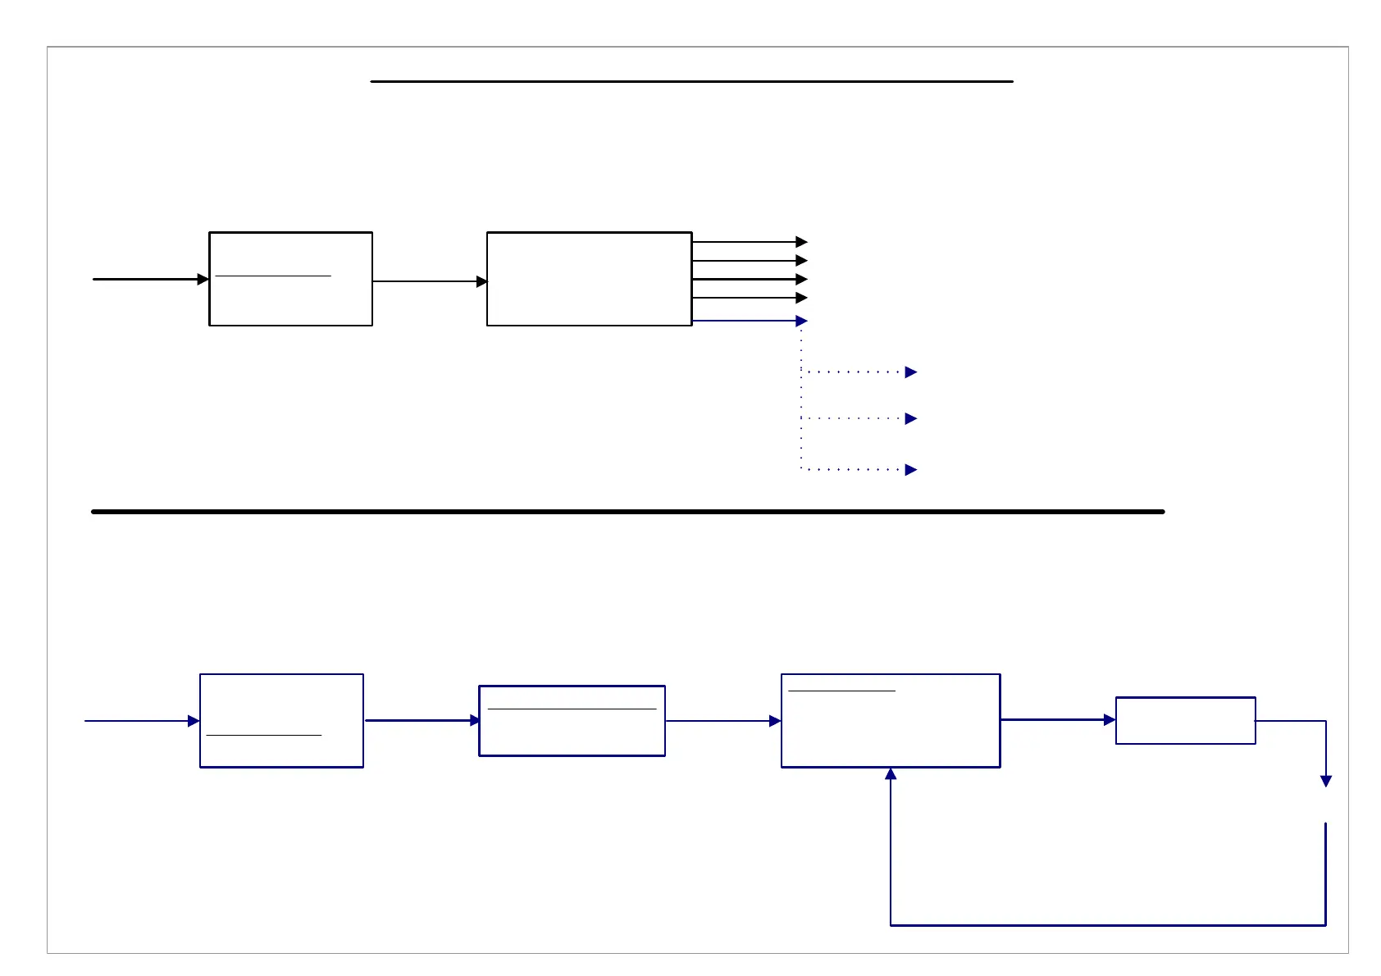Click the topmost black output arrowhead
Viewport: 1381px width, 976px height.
pyautogui.click(x=801, y=242)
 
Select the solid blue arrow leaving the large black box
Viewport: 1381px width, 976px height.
pyautogui.click(x=746, y=321)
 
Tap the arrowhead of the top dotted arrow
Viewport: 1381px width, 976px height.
pyautogui.click(x=910, y=372)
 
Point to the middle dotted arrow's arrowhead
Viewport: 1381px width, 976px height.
pyautogui.click(x=910, y=418)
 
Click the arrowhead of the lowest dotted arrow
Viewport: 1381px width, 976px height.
pyautogui.click(x=910, y=470)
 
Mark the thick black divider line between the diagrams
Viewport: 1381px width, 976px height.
pyautogui.click(x=627, y=512)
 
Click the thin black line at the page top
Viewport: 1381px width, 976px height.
pyautogui.click(x=691, y=82)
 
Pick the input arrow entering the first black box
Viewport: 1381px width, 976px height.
pyautogui.click(x=148, y=279)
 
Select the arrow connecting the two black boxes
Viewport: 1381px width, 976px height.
pyautogui.click(x=429, y=281)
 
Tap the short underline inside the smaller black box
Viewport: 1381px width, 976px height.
pyautogui.click(x=272, y=276)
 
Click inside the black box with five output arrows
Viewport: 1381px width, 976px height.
pyautogui.click(x=589, y=279)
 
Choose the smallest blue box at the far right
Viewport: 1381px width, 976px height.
pyautogui.click(x=1185, y=721)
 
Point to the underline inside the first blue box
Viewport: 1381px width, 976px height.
pyautogui.click(x=263, y=736)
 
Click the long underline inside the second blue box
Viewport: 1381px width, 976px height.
pyautogui.click(x=572, y=709)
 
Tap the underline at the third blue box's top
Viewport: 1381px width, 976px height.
pyautogui.click(x=841, y=691)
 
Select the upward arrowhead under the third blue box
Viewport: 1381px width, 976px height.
pyautogui.click(x=891, y=773)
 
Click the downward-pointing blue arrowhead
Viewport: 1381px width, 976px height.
pyautogui.click(x=1325, y=782)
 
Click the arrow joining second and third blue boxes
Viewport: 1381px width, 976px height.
pyautogui.click(x=722, y=721)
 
